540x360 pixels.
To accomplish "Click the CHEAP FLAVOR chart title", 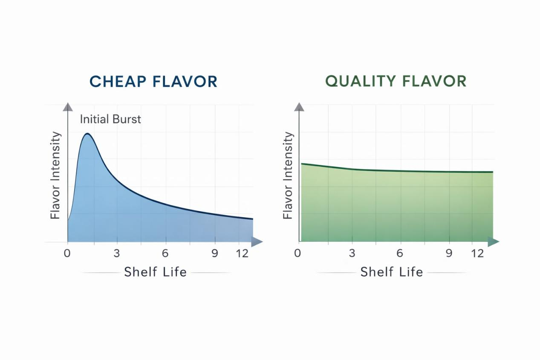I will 153,81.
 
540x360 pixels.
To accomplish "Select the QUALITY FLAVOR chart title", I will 396,81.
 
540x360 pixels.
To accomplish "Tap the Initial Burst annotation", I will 110,119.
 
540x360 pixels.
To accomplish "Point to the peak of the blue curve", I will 87,134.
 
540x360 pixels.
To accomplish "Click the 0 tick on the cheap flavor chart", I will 67,253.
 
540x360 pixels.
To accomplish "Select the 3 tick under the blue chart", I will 116,253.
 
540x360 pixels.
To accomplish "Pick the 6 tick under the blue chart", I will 165,253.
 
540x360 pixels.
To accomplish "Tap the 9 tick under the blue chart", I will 215,253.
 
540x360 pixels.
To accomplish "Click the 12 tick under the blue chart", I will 242,253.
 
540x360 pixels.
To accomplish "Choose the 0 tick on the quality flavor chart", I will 297,253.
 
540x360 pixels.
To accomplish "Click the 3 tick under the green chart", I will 352,253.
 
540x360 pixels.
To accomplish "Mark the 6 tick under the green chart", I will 400,253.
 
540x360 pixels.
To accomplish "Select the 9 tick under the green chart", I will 449,253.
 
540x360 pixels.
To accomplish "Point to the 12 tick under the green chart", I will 478,253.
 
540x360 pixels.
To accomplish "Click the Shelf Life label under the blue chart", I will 155,272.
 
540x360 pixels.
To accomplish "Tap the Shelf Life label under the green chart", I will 392,272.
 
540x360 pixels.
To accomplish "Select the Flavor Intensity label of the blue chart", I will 55,176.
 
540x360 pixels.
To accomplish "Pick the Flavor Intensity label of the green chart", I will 288,176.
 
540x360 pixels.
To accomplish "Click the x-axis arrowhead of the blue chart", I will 257,242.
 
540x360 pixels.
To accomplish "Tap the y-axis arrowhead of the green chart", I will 299,107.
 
